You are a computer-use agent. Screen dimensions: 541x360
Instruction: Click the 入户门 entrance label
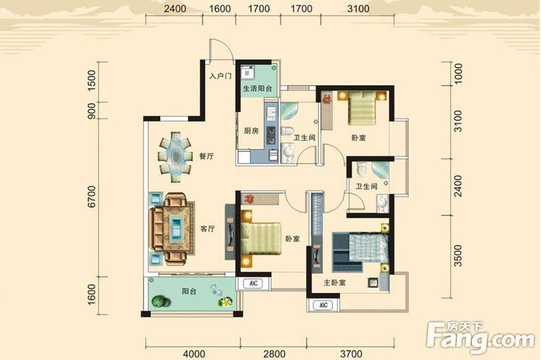click(x=220, y=75)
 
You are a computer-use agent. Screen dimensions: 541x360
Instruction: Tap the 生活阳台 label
click(x=257, y=89)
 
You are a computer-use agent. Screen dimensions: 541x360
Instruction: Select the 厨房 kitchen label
click(x=251, y=131)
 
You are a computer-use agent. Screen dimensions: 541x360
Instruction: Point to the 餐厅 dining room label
click(x=206, y=156)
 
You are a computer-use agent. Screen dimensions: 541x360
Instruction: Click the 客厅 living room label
click(x=208, y=228)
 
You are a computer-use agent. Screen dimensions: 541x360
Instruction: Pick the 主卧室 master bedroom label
click(x=334, y=283)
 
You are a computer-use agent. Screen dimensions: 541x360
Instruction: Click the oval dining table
click(x=176, y=157)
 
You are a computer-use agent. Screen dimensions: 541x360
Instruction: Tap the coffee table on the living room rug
click(x=176, y=229)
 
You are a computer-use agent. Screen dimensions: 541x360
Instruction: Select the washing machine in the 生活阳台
click(x=248, y=72)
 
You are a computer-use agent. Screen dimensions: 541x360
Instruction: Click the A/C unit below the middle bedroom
click(x=254, y=283)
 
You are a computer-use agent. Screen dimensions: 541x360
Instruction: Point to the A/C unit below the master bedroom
click(x=323, y=305)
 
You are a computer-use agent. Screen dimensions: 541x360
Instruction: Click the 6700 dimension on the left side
click(x=91, y=197)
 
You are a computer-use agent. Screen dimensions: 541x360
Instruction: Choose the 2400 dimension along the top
click(x=175, y=9)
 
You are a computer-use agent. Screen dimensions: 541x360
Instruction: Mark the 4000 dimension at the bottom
click(x=194, y=353)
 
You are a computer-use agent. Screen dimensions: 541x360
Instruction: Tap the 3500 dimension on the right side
click(x=458, y=255)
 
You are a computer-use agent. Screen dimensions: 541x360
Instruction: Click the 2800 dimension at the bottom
click(x=274, y=353)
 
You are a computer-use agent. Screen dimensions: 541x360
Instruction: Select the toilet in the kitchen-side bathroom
click(x=287, y=131)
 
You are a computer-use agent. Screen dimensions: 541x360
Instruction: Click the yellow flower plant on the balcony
click(x=226, y=302)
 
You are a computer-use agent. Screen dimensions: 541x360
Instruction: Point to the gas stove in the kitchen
click(x=271, y=135)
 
